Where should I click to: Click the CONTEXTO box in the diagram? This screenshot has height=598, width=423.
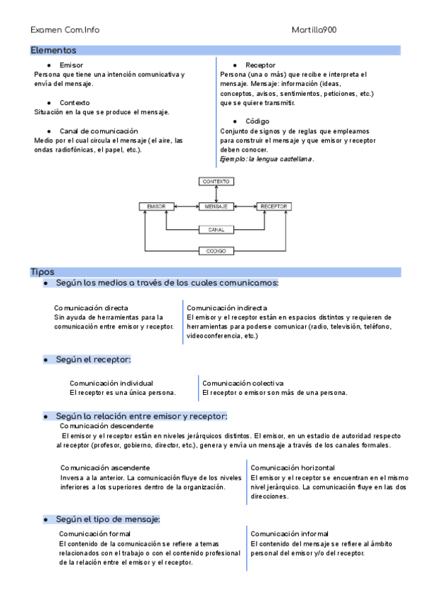coord(216,181)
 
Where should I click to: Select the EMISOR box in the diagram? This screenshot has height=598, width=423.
coord(156,206)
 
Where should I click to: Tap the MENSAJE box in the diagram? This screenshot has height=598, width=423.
coord(216,206)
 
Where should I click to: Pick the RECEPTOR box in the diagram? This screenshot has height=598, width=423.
coord(274,206)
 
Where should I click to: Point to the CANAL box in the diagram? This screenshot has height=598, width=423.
coord(216,230)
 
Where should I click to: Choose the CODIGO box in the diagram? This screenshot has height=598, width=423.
coord(216,251)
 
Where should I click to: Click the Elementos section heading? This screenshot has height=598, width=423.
coord(54,51)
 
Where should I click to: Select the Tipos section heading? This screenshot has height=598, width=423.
coord(42,272)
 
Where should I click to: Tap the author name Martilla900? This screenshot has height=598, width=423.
coord(314,30)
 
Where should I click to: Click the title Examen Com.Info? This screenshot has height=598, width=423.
coord(65,30)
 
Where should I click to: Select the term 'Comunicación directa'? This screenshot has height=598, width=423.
coord(91,308)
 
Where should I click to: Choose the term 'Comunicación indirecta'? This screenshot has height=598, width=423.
coord(227,308)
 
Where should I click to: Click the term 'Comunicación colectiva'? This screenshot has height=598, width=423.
coord(243,383)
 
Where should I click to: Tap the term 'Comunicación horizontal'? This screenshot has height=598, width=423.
coord(293,468)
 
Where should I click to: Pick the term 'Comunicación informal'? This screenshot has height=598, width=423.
coord(289,534)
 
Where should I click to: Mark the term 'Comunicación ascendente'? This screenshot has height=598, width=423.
coord(104,468)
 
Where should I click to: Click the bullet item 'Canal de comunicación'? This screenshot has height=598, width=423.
coord(98,131)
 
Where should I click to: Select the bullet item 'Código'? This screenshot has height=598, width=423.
coord(257,121)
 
